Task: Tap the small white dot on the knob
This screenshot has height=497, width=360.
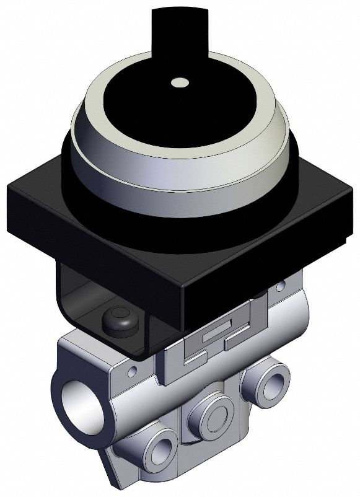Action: pos(180,81)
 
